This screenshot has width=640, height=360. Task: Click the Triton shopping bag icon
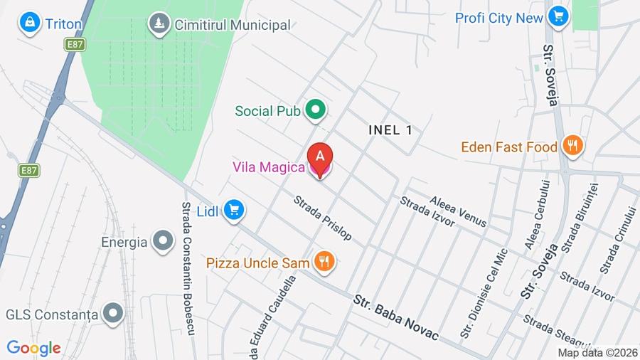[30, 23]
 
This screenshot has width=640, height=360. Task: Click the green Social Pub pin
[315, 110]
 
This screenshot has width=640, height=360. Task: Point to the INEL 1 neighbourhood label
[390, 129]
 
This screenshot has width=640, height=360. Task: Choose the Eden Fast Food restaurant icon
[572, 147]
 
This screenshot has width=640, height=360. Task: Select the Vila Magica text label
[268, 167]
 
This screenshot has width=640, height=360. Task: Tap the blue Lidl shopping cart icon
[234, 210]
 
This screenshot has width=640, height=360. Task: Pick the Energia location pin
[164, 241]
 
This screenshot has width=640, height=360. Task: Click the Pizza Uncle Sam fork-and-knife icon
[324, 263]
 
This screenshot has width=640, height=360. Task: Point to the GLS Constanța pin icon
[112, 313]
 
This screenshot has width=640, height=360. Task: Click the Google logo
[33, 349]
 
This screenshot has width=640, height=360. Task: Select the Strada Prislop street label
[323, 217]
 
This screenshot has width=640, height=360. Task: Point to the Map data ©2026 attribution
[597, 352]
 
